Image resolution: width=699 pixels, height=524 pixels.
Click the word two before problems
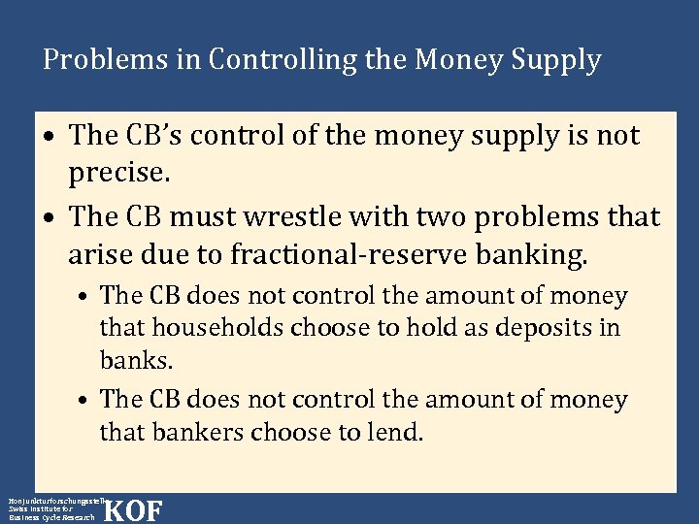click(x=450, y=216)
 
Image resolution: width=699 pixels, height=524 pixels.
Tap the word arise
click(x=99, y=254)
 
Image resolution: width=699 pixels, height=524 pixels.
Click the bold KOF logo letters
click(x=132, y=510)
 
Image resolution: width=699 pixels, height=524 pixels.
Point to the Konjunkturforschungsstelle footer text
click(x=53, y=499)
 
